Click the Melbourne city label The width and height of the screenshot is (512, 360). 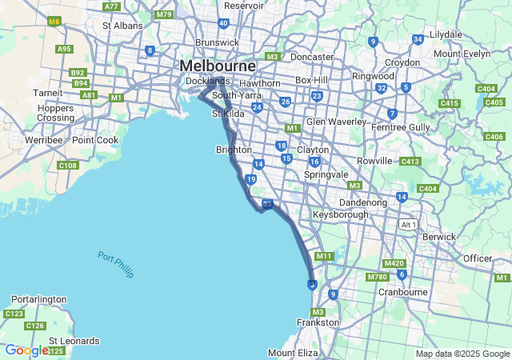pos(218,65)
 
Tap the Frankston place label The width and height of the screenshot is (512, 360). pos(318,322)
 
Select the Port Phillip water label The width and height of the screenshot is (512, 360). pos(116,265)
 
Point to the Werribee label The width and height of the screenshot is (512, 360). pos(43,140)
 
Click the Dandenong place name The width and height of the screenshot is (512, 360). pos(363,202)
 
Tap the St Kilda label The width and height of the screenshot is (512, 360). pos(226,114)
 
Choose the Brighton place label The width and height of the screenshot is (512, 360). pos(234,150)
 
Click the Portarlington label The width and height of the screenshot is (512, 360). pos(38,299)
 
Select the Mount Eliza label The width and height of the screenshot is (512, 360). pos(293,353)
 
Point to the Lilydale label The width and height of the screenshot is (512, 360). pos(446,35)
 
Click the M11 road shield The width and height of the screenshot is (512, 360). pos(324,256)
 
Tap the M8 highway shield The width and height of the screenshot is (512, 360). pos(54,21)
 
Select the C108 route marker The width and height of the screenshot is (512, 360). pos(68,166)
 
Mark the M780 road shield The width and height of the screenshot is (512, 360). pos(378,277)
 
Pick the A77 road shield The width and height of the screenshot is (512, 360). pos(111,6)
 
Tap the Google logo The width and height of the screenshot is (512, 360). pos(26,350)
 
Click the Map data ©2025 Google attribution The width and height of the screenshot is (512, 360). pos(461,354)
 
